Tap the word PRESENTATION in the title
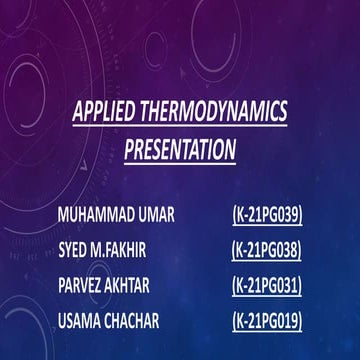[180, 150]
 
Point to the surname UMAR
[175, 214]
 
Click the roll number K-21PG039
[267, 214]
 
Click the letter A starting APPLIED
[78, 112]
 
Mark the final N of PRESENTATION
[231, 150]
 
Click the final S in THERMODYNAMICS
[283, 112]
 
